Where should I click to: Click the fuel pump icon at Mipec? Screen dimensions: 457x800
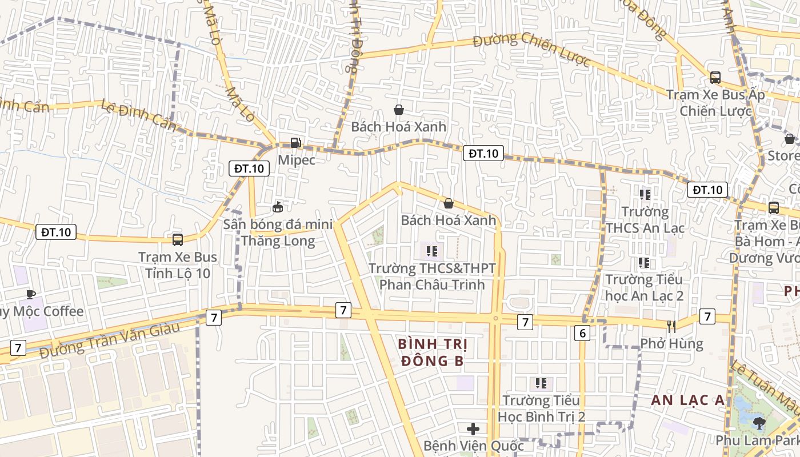295,143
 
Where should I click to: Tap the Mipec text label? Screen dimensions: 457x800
297,160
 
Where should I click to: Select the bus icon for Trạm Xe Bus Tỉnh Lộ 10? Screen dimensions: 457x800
178,240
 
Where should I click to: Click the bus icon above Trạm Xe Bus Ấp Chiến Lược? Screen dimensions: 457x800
715,78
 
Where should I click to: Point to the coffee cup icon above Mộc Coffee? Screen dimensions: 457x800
31,294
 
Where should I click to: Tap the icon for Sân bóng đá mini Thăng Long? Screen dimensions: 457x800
278,207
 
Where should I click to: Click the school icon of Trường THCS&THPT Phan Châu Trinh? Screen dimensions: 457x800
432,251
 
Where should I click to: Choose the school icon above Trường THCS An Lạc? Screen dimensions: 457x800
645,195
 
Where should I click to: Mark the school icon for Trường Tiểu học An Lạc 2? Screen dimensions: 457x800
644,263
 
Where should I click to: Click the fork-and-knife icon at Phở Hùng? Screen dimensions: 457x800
671,327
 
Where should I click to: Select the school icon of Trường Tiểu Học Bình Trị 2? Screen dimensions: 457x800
541,383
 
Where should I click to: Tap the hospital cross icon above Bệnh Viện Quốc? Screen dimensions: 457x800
473,428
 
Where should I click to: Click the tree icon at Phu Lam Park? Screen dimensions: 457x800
759,423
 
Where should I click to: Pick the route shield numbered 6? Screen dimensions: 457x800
582,333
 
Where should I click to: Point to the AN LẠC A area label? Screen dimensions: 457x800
687,400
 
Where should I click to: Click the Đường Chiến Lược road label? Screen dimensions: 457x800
531,49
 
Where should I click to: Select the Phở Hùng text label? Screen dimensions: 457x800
671,344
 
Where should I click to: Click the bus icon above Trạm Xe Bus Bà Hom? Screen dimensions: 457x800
774,208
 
